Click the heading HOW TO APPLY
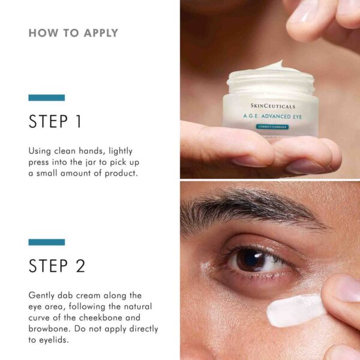[x=73, y=33]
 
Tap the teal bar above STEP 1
[x=46, y=97]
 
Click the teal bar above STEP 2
[x=46, y=242]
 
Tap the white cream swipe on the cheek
[x=294, y=311]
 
